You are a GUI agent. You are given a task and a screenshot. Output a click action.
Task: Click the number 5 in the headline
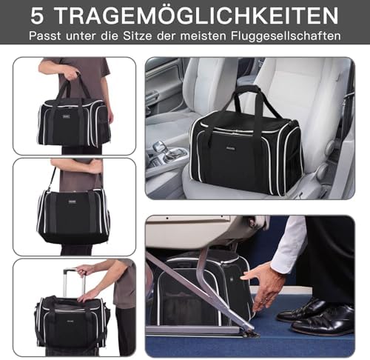37,16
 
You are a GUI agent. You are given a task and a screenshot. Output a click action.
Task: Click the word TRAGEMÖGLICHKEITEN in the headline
197,16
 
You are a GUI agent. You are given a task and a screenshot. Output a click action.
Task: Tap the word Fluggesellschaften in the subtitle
286,36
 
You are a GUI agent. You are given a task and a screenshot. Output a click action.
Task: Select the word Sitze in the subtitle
138,36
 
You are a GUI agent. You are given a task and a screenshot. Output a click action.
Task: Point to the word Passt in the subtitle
45,36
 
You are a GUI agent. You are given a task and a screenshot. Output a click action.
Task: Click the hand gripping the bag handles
71,73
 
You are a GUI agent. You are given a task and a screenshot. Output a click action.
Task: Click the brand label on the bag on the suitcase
70,321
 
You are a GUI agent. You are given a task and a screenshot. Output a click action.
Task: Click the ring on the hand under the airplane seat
266,299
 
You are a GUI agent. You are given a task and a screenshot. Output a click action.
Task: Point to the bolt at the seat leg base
253,333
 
